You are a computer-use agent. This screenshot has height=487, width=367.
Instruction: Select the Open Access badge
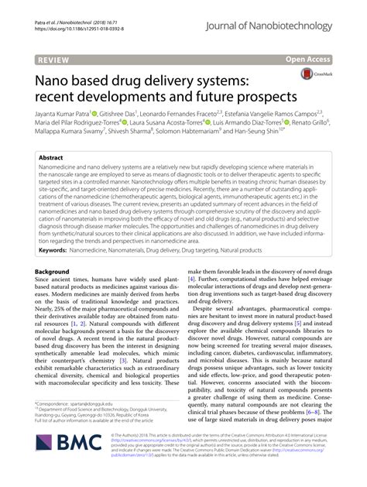(328, 58)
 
